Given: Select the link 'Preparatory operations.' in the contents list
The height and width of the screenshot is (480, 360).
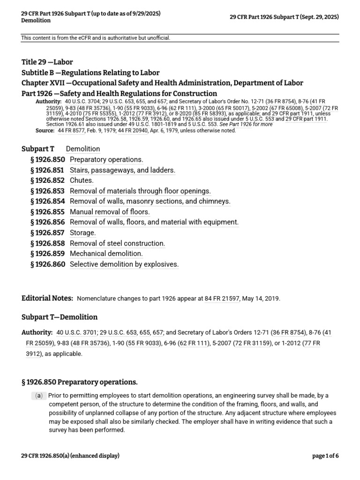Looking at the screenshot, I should (106, 159).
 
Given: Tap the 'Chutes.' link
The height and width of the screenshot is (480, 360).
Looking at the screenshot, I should (82, 180).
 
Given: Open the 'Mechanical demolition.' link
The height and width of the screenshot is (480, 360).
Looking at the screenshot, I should (106, 254).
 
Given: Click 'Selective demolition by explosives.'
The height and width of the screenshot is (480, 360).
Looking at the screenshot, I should (124, 264).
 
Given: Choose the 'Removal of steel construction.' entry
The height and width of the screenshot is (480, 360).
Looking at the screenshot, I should (117, 243).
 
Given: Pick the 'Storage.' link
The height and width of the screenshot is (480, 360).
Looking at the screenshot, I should (82, 232).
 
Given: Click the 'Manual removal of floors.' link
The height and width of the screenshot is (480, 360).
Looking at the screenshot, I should (110, 212).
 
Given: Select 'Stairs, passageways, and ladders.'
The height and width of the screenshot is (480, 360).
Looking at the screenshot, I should (122, 170).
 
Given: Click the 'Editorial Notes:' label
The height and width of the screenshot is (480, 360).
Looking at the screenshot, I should (47, 298).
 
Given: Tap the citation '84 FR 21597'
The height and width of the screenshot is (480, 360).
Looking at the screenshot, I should (222, 299).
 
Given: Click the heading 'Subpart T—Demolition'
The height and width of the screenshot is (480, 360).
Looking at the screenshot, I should (60, 317).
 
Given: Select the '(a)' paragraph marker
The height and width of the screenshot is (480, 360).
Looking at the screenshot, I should (39, 396).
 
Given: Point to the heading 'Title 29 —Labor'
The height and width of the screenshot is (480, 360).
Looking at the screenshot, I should (47, 62).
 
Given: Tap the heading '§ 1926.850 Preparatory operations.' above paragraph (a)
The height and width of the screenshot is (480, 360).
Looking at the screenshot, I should (80, 382).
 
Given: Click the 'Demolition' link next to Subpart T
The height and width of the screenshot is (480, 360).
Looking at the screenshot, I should (83, 149).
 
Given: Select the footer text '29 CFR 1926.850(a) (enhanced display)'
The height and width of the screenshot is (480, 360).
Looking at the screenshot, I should (70, 456).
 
